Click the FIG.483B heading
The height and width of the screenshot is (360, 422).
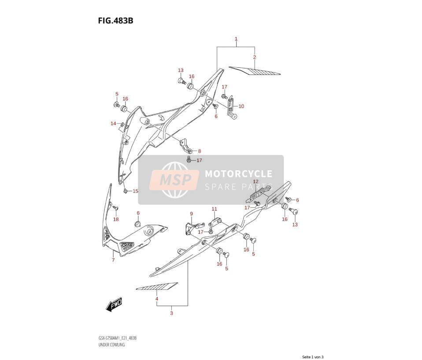click(115, 20)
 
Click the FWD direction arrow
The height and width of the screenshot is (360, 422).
click(114, 305)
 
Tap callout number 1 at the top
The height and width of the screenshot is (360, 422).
click(236, 39)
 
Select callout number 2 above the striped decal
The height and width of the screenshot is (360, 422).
click(254, 57)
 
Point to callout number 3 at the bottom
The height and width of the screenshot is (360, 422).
click(171, 313)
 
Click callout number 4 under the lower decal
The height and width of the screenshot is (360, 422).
click(157, 299)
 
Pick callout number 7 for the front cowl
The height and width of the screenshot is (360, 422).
click(113, 260)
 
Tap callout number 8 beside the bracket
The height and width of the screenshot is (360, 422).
click(200, 151)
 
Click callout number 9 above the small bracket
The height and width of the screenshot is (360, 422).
click(191, 214)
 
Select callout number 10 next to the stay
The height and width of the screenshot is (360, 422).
click(241, 106)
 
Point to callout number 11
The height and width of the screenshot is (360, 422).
click(214, 209)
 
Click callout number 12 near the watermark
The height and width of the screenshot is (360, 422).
click(255, 182)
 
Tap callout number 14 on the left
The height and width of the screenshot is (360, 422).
click(113, 123)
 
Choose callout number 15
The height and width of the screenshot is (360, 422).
click(135, 191)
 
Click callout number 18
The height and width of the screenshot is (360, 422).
click(116, 219)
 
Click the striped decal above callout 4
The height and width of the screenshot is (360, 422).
click(157, 287)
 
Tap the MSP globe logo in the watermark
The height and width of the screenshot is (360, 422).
click(175, 179)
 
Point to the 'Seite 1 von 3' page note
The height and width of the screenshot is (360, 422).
click(313, 357)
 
